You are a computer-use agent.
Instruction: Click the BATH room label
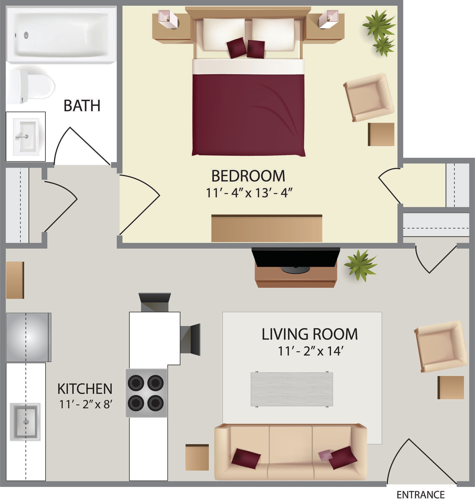(82, 106)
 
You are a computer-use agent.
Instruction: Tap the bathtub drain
(26, 35)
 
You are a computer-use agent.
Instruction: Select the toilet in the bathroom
(30, 86)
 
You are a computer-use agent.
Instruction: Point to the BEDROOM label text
(248, 176)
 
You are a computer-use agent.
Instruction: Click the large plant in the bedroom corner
(378, 25)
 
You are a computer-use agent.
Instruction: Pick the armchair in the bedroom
(368, 97)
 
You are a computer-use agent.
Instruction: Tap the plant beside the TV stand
(360, 265)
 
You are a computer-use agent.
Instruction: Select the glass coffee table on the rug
(292, 389)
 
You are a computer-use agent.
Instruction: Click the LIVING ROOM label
(309, 334)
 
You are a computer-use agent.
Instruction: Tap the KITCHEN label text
(85, 389)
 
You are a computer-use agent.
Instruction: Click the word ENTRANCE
(420, 495)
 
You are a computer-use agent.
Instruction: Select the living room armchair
(441, 346)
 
